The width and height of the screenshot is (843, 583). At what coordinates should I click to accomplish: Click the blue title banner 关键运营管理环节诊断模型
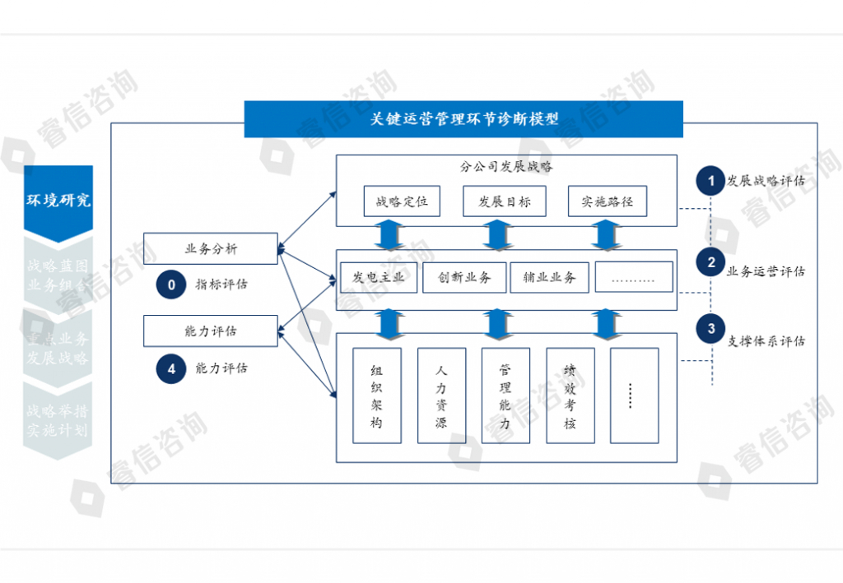(463, 119)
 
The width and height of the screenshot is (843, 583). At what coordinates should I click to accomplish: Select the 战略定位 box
(402, 201)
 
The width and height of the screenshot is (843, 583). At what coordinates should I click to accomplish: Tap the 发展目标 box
(505, 201)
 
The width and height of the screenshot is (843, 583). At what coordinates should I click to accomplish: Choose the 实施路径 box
(608, 201)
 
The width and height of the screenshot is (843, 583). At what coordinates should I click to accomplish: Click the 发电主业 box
(379, 277)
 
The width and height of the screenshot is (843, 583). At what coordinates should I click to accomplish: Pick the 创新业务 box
(464, 277)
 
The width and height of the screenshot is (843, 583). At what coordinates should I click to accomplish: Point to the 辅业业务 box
(549, 277)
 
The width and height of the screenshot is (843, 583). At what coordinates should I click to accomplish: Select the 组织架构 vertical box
(377, 396)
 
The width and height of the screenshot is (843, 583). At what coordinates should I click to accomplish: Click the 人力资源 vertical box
(441, 396)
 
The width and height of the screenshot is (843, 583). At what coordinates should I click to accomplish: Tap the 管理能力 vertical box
(505, 396)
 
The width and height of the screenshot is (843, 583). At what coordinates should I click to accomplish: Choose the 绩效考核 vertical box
(570, 396)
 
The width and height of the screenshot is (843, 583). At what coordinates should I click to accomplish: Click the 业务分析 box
(211, 249)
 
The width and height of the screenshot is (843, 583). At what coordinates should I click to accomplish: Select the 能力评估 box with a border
(211, 331)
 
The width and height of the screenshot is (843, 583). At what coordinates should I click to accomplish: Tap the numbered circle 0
(171, 285)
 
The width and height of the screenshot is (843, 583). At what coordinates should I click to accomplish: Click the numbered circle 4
(171, 369)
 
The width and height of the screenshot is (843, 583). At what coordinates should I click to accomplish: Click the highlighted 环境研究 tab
(58, 201)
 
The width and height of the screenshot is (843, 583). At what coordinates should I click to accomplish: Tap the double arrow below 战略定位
(390, 235)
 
